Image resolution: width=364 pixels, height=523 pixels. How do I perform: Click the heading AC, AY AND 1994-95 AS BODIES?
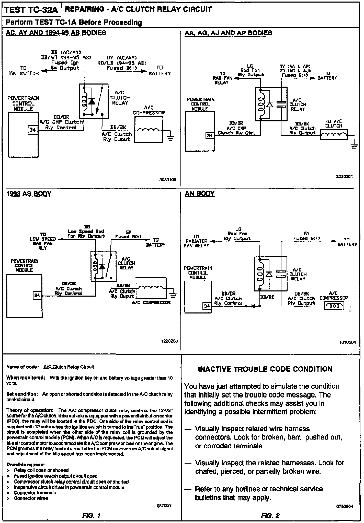[56, 33]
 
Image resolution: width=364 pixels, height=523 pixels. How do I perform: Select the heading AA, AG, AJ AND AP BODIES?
[228, 33]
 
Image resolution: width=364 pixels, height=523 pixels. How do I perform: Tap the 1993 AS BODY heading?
[29, 194]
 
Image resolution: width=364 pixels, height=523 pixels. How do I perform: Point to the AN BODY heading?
[200, 194]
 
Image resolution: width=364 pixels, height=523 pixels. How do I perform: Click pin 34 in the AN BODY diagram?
[207, 306]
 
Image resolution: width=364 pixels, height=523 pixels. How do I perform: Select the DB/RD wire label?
[267, 297]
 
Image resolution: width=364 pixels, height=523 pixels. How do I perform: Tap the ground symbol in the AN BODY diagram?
[350, 309]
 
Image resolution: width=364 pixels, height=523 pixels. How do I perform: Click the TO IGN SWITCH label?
[23, 71]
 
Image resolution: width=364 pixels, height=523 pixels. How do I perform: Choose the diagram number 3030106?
[168, 180]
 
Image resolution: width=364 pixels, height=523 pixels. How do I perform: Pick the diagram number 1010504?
[347, 342]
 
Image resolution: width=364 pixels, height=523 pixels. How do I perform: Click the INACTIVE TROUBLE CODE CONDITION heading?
[265, 369]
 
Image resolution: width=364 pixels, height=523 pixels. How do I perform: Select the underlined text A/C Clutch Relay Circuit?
[69, 367]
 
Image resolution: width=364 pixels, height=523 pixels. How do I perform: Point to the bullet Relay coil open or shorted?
[41, 470]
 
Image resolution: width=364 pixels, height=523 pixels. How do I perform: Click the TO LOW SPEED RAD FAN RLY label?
[43, 241]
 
